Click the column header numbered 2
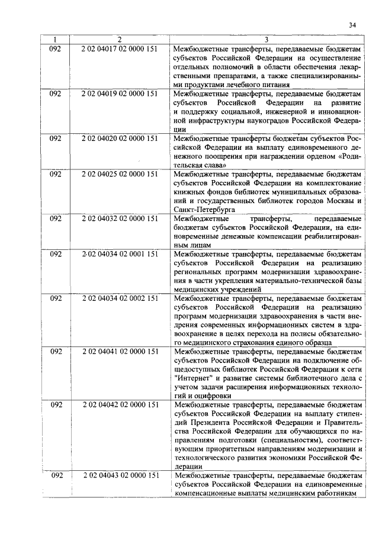119,40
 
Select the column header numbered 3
266,40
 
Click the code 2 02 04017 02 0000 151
119,49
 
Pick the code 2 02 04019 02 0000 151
119,94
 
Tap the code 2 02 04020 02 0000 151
119,139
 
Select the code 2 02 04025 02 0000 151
119,175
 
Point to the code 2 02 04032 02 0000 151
119,219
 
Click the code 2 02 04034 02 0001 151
119,255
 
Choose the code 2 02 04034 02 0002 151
119,300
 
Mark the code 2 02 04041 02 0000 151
119,353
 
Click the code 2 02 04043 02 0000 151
119,476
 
